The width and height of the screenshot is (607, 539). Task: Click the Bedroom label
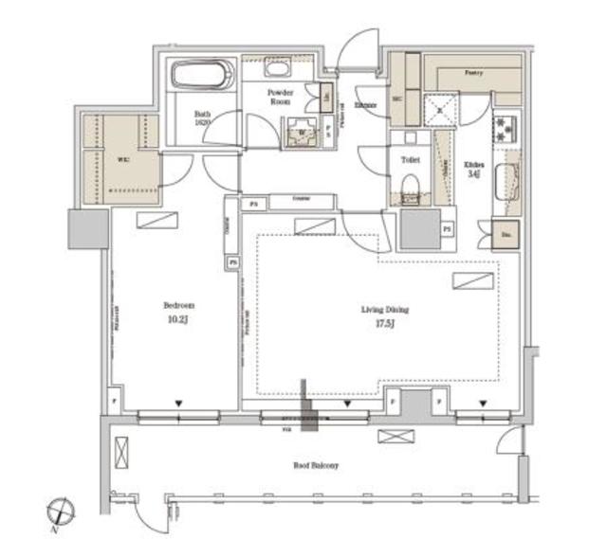pyautogui.click(x=178, y=306)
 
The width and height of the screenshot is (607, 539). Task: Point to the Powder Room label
pyautogui.click(x=280, y=97)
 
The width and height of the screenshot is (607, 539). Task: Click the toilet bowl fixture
pyautogui.click(x=410, y=197)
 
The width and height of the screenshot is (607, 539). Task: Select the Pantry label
pyautogui.click(x=474, y=72)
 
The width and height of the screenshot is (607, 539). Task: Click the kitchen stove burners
pyautogui.click(x=504, y=128)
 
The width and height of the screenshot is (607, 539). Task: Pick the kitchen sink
pyautogui.click(x=504, y=179)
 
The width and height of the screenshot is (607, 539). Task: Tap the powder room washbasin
pyautogui.click(x=279, y=70)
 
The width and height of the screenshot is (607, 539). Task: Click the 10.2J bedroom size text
pyautogui.click(x=178, y=322)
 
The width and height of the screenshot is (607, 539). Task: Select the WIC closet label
pyautogui.click(x=123, y=159)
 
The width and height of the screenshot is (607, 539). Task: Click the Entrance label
pyautogui.click(x=366, y=104)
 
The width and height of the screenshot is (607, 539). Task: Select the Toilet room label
pyautogui.click(x=410, y=161)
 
